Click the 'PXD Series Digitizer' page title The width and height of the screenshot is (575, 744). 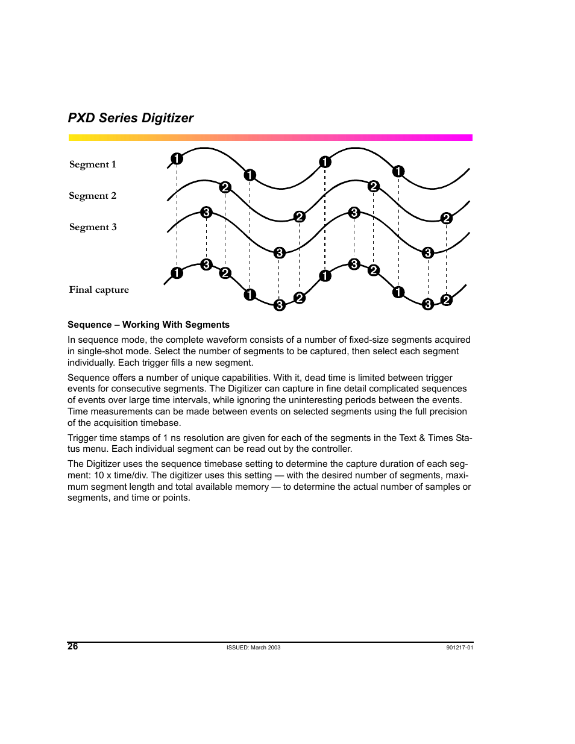click(x=131, y=118)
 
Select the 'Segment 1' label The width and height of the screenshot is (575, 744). click(x=92, y=164)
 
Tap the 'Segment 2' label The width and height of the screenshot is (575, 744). click(x=92, y=196)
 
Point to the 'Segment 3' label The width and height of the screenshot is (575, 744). click(x=93, y=227)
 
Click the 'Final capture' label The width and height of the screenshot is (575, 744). click(x=99, y=290)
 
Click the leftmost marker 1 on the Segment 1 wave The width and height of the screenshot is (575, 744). click(x=177, y=159)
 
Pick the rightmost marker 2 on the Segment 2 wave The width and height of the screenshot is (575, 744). click(x=446, y=218)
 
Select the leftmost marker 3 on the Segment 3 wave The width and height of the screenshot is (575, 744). click(x=206, y=212)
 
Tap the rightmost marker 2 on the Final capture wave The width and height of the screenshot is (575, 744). click(x=446, y=299)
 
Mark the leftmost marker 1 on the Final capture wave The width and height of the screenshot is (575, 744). click(x=177, y=273)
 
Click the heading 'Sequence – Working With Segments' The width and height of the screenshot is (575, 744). click(x=148, y=325)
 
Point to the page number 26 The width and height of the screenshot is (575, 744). click(x=73, y=647)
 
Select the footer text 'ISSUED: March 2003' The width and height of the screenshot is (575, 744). click(x=253, y=648)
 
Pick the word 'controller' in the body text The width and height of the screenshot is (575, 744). click(x=329, y=449)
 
